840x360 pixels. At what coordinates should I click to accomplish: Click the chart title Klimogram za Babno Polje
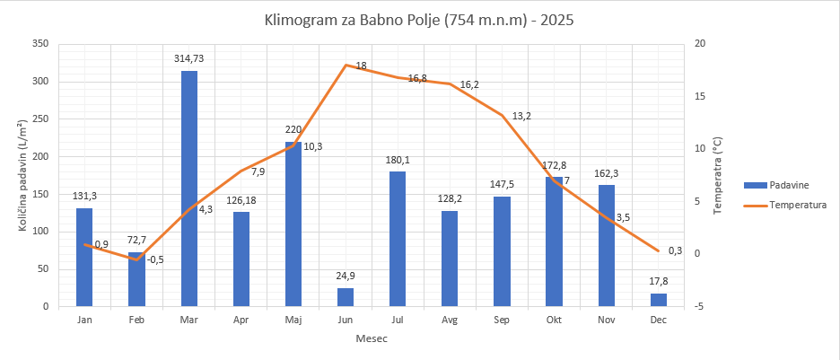tap(419, 19)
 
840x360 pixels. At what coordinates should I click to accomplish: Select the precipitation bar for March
tap(189, 189)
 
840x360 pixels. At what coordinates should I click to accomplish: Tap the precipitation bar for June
tap(346, 297)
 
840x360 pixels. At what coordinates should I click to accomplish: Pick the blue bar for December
tap(659, 300)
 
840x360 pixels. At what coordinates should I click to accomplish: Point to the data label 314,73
tap(189, 58)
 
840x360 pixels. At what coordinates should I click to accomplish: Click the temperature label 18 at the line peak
tap(361, 66)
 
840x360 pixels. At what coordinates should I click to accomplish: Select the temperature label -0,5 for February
tap(156, 259)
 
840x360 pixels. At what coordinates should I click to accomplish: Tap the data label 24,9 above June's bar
tap(346, 276)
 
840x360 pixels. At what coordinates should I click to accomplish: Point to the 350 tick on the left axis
tap(39, 44)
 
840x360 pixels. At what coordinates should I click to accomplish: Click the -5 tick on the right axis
tap(700, 307)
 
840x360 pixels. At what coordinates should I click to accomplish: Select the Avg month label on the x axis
tap(450, 320)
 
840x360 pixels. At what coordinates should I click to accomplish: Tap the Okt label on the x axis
tap(554, 320)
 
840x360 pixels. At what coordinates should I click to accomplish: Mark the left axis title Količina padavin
tap(22, 175)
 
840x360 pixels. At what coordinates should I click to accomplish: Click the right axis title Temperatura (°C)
tap(718, 175)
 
